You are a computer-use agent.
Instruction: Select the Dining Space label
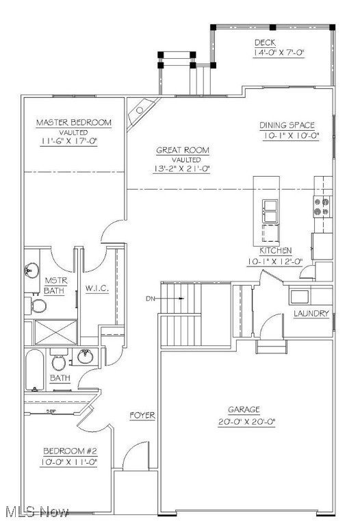point(287,125)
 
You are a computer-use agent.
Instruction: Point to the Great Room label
point(182,150)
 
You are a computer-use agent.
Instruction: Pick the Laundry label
point(311,314)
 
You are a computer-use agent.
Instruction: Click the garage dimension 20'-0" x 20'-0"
point(246,422)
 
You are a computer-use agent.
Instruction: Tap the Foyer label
point(142,416)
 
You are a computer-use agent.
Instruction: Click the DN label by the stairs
point(151,299)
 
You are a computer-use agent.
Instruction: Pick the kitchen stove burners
point(321,206)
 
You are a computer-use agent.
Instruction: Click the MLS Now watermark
point(36,512)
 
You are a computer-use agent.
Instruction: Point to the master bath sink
point(31,271)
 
